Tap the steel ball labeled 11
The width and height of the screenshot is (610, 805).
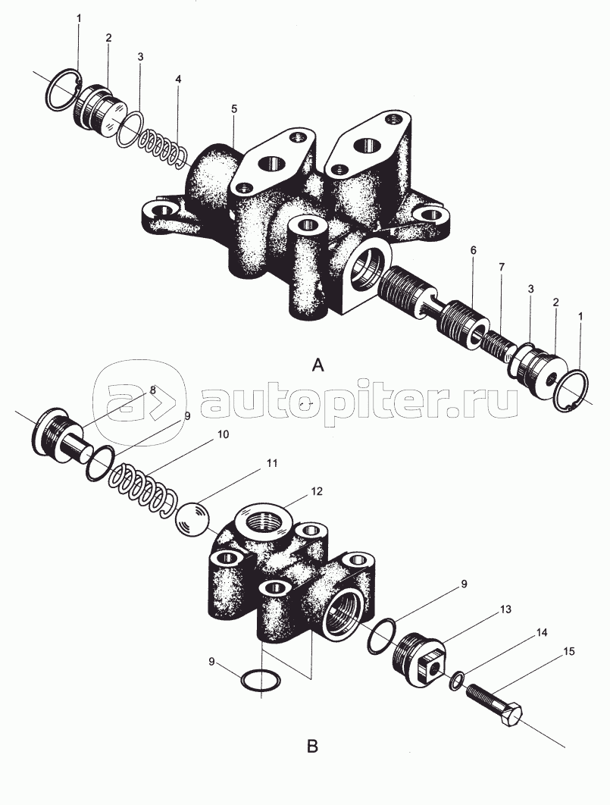[x=192, y=519]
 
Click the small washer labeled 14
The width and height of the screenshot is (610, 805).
[x=457, y=681]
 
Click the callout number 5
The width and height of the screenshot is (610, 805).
[x=234, y=108]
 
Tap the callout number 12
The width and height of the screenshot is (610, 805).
[x=317, y=491]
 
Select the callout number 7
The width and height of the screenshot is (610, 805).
[x=501, y=267]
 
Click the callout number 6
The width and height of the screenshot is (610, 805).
[x=473, y=250]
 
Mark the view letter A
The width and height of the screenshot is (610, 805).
[x=318, y=365]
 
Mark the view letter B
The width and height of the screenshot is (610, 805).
[x=312, y=746]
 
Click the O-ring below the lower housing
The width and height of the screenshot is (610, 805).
[x=261, y=681]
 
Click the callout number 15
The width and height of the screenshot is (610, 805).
[x=568, y=651]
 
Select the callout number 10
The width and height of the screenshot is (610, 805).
[x=223, y=434]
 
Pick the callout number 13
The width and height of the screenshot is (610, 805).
[x=505, y=609]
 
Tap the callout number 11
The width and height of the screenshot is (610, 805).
[x=271, y=463]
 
